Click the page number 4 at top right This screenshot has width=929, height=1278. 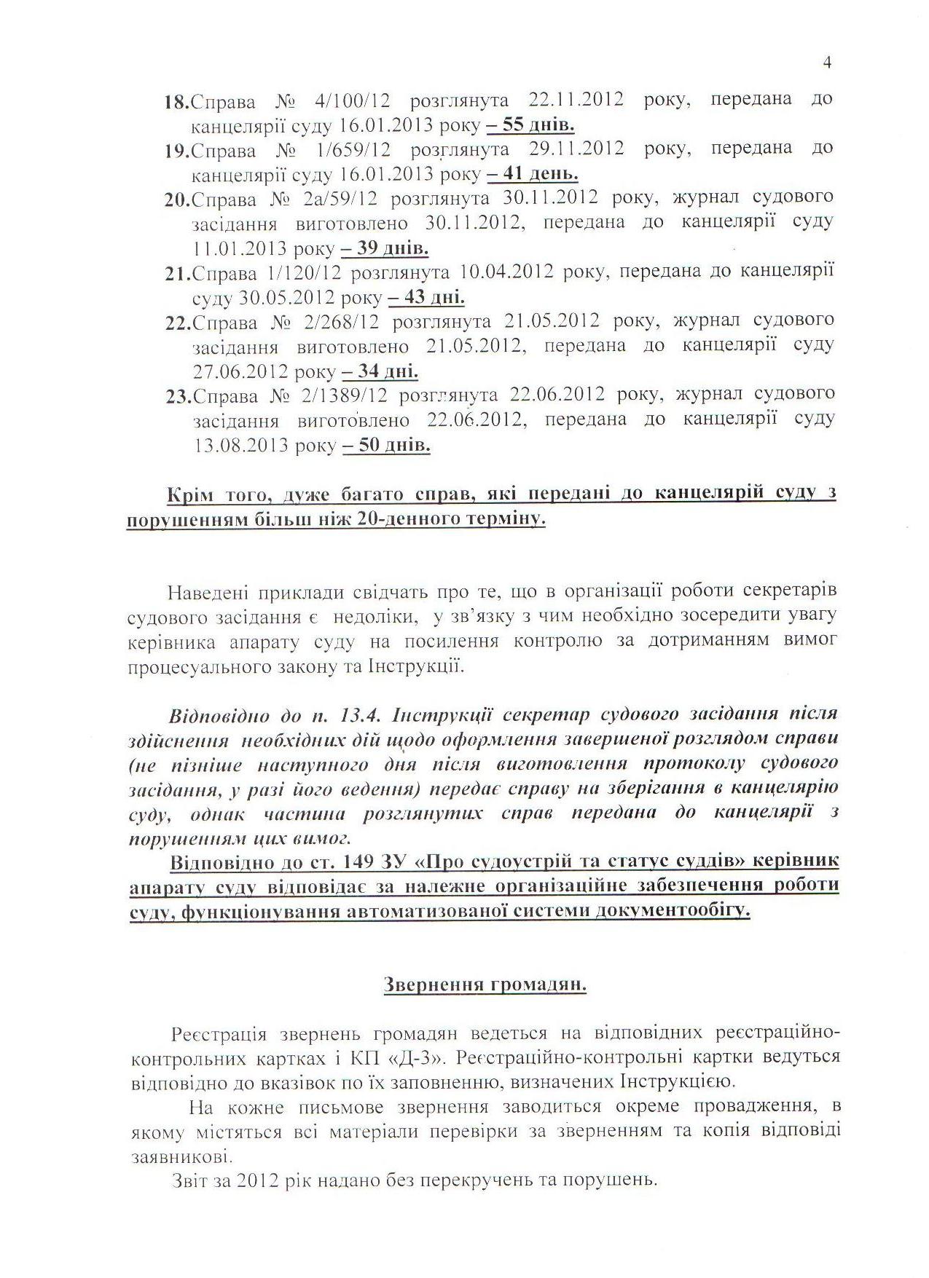tap(827, 63)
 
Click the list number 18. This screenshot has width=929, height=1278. tap(177, 101)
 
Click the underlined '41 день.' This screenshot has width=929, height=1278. tap(533, 174)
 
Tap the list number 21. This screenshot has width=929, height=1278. tap(177, 274)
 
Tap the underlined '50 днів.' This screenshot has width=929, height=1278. tap(386, 446)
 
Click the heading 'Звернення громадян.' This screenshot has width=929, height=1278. tap(485, 985)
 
